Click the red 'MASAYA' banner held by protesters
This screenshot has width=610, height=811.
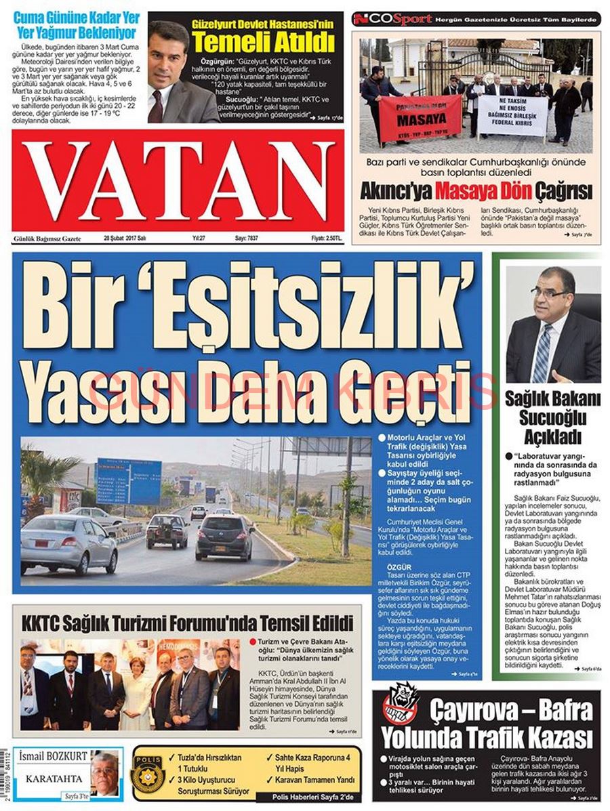[x=420, y=118]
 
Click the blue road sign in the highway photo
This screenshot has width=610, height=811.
[x=129, y=480]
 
